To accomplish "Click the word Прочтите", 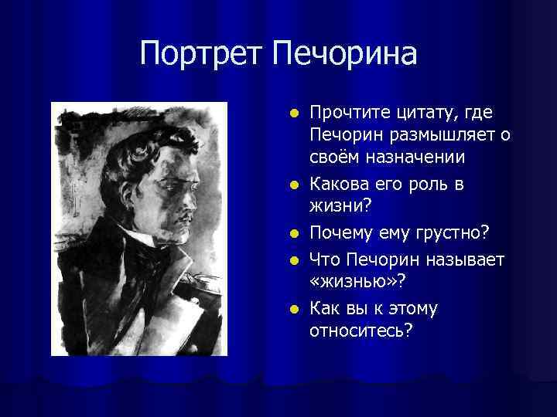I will [x=345, y=114].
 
